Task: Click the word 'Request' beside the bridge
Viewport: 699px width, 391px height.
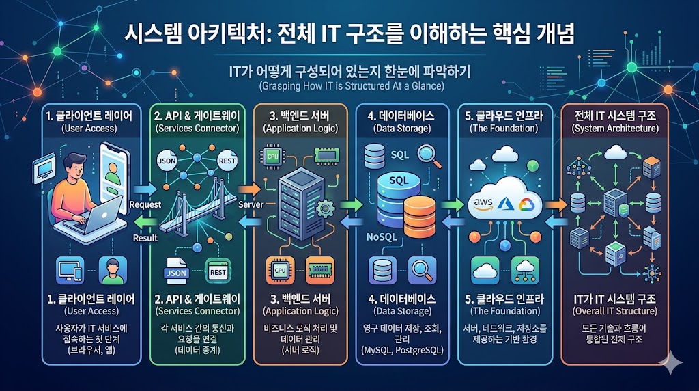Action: click(145, 204)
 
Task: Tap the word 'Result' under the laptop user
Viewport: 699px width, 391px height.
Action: click(145, 238)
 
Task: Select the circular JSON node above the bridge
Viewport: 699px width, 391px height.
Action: click(167, 162)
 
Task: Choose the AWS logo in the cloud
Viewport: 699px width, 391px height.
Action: click(483, 202)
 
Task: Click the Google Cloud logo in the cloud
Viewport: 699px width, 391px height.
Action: click(524, 203)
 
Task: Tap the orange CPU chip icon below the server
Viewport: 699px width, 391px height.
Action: click(280, 269)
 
